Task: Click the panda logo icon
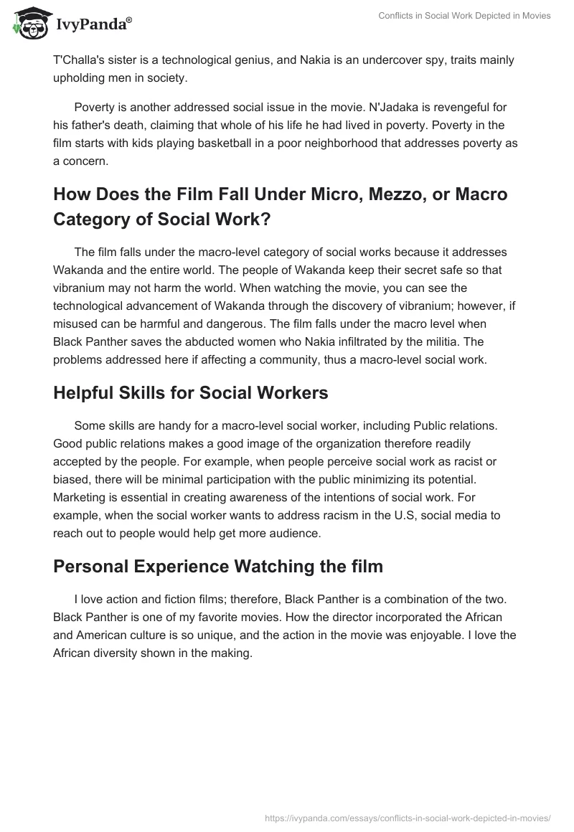pyautogui.click(x=28, y=23)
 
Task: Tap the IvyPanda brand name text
pyautogui.click(x=93, y=24)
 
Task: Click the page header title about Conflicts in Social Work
pyautogui.click(x=464, y=16)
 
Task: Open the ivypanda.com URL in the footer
pyautogui.click(x=407, y=817)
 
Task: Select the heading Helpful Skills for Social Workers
pyautogui.click(x=191, y=392)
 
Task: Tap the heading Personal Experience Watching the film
pyautogui.click(x=218, y=566)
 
